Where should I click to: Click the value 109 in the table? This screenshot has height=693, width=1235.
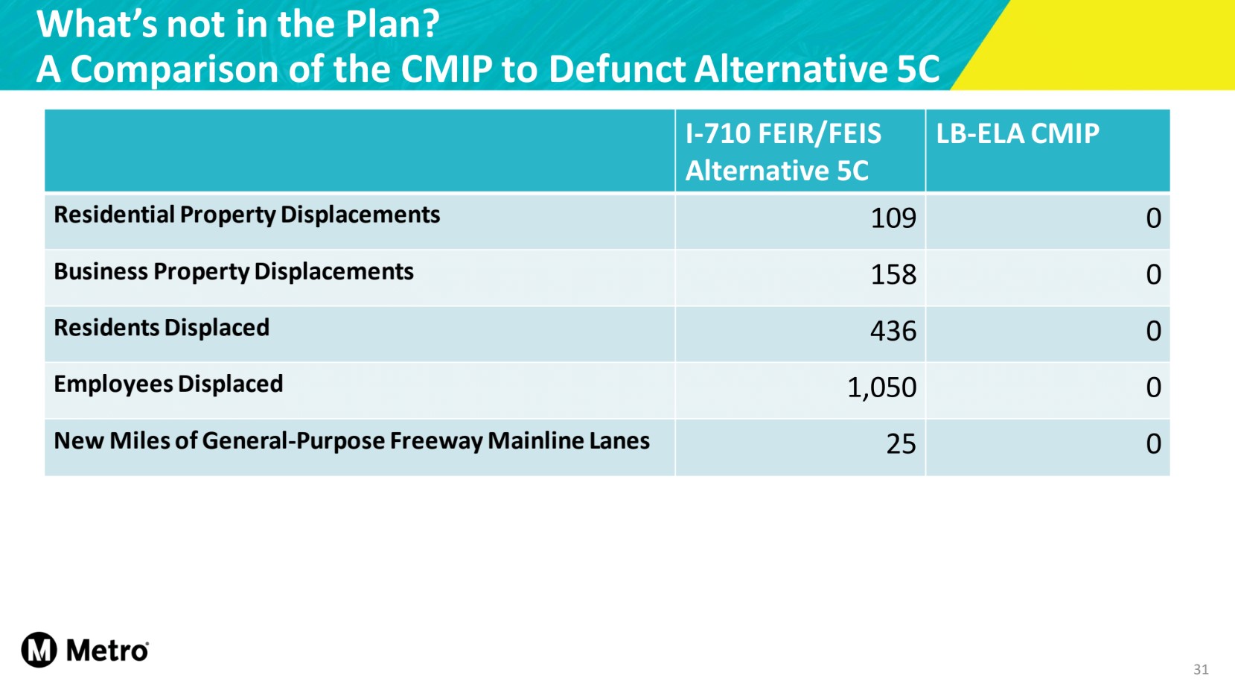point(893,218)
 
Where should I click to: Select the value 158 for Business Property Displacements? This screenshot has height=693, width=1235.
point(893,275)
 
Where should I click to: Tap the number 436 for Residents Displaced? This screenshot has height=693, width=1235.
point(893,331)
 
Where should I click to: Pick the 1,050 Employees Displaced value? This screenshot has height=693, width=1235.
point(881,387)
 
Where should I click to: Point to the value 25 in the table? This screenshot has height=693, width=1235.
point(901,444)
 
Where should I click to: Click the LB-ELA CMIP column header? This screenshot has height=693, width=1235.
point(1017,134)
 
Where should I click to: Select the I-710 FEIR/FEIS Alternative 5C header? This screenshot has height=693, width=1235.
point(782,152)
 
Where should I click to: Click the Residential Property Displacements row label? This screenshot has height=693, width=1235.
point(247,215)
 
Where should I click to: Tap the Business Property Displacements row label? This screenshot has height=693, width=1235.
point(234,272)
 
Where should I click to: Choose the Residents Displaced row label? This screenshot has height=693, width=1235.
point(162,328)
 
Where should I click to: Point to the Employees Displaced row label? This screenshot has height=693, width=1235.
point(168,385)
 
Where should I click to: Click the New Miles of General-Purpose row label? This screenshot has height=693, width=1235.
point(351,441)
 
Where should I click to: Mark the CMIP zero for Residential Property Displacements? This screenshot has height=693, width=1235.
point(1153,218)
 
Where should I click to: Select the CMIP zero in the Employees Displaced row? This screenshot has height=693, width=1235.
point(1153,387)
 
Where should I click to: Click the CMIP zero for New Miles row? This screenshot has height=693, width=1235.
point(1153,444)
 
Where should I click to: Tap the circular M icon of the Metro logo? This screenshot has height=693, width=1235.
point(39,650)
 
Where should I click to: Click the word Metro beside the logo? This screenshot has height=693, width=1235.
point(107,651)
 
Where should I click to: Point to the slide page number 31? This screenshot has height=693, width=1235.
point(1201,669)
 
